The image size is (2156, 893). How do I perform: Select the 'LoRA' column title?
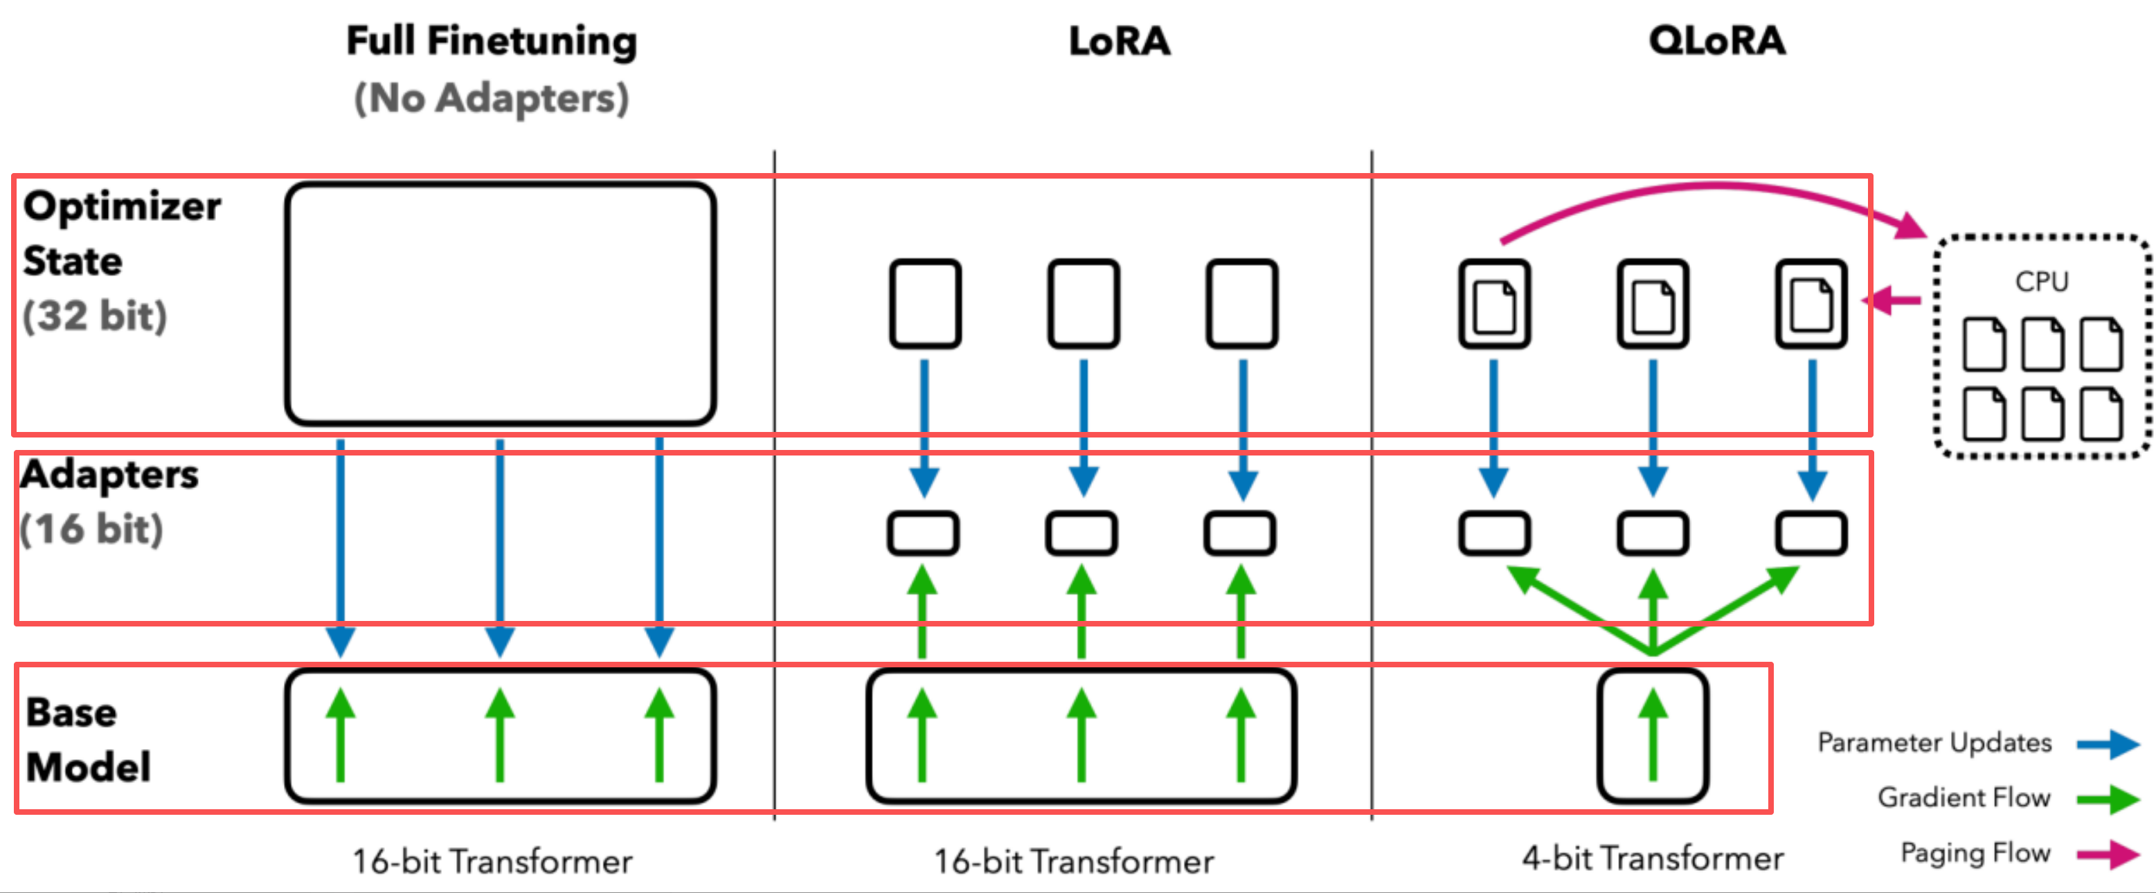pyautogui.click(x=1119, y=41)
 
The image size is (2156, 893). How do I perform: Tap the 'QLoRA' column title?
pyautogui.click(x=1716, y=40)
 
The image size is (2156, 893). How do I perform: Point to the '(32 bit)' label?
pyautogui.click(x=95, y=316)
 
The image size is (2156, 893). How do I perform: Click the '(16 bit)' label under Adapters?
pyautogui.click(x=91, y=529)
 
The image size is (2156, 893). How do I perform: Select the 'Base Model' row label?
pyautogui.click(x=88, y=740)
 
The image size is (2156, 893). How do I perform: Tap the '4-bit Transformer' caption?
pyautogui.click(x=1653, y=858)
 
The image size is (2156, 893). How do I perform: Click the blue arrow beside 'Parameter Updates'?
pyautogui.click(x=2108, y=743)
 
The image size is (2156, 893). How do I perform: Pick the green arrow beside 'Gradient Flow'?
pyautogui.click(x=2108, y=798)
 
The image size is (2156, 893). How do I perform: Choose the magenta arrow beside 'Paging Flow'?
pyautogui.click(x=2108, y=854)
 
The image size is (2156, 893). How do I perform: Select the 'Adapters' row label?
pyautogui.click(x=109, y=475)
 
